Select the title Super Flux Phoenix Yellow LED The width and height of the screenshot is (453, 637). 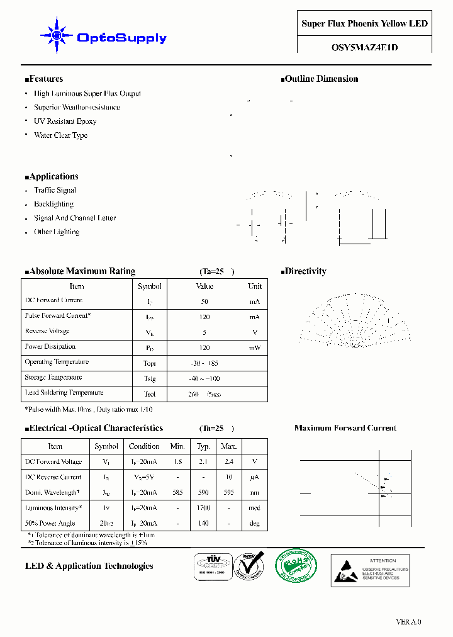[364, 24]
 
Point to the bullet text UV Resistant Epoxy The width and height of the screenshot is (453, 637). [65, 121]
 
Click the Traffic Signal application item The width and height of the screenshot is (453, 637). [55, 190]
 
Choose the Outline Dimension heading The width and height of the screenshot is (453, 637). [321, 79]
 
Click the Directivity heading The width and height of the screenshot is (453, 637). [305, 271]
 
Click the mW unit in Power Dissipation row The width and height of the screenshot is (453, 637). [254, 348]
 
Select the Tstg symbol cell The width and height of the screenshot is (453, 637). [149, 379]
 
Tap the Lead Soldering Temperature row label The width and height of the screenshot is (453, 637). [64, 393]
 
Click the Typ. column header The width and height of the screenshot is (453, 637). [203, 446]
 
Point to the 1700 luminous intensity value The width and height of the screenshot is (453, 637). [203, 508]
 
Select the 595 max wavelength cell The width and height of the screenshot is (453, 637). [228, 493]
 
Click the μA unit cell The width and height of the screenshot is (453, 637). [254, 478]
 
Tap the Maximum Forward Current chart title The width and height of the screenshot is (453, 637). [345, 428]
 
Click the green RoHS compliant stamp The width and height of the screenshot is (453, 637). [297, 565]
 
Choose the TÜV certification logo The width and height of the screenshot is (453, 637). [210, 565]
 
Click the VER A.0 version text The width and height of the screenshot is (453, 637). [408, 622]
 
